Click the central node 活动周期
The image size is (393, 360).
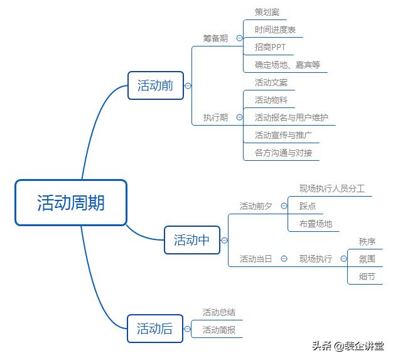pyautogui.click(x=71, y=203)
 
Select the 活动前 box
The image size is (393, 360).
pyautogui.click(x=156, y=85)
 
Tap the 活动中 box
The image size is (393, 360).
pyautogui.click(x=192, y=240)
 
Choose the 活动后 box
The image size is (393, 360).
pyautogui.click(x=155, y=329)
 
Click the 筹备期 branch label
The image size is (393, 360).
pyautogui.click(x=215, y=38)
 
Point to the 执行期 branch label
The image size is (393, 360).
pyautogui.click(x=215, y=117)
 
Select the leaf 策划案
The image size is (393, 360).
pyautogui.click(x=267, y=12)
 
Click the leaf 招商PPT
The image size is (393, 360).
pyautogui.click(x=270, y=47)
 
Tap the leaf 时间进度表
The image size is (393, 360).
pyautogui.click(x=275, y=30)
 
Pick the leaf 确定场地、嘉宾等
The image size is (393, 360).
pyautogui.click(x=288, y=65)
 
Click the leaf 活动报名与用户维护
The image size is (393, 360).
pyautogui.click(x=291, y=117)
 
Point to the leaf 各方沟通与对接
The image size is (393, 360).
pyautogui.click(x=283, y=153)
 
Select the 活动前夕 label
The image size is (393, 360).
pyautogui.click(x=256, y=206)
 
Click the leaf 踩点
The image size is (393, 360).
pyautogui.click(x=308, y=206)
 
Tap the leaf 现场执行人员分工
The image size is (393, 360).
pyautogui.click(x=332, y=188)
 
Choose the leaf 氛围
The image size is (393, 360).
pyautogui.click(x=367, y=259)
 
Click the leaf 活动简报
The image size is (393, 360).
pyautogui.click(x=219, y=330)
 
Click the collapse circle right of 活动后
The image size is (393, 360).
pyautogui.click(x=187, y=329)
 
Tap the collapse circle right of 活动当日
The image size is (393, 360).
pyautogui.click(x=284, y=259)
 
